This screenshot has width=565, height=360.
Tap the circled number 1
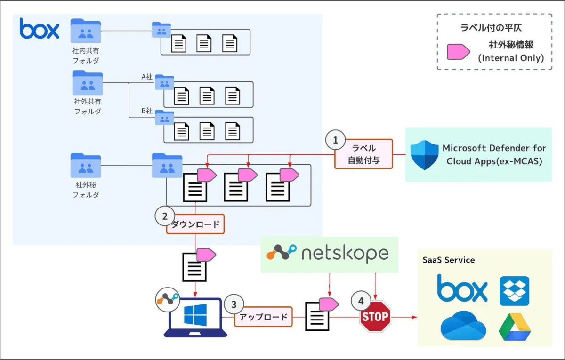point(335,140)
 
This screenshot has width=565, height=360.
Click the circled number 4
point(361,300)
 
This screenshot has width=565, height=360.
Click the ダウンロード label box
point(195,224)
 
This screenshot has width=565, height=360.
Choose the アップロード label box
point(263,317)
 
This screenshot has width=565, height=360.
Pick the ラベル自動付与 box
point(363,154)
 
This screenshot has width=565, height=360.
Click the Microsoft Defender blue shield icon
point(424,155)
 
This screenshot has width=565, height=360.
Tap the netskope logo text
point(345,254)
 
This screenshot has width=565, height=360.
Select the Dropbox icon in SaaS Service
point(514,291)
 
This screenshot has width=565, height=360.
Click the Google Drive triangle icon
point(515,327)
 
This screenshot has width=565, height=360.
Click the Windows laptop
point(195,317)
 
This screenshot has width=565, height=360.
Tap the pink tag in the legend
point(458,52)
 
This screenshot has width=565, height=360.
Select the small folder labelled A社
point(164,82)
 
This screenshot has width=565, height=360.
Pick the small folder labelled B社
point(164,118)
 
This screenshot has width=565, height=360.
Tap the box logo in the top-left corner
point(40,29)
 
